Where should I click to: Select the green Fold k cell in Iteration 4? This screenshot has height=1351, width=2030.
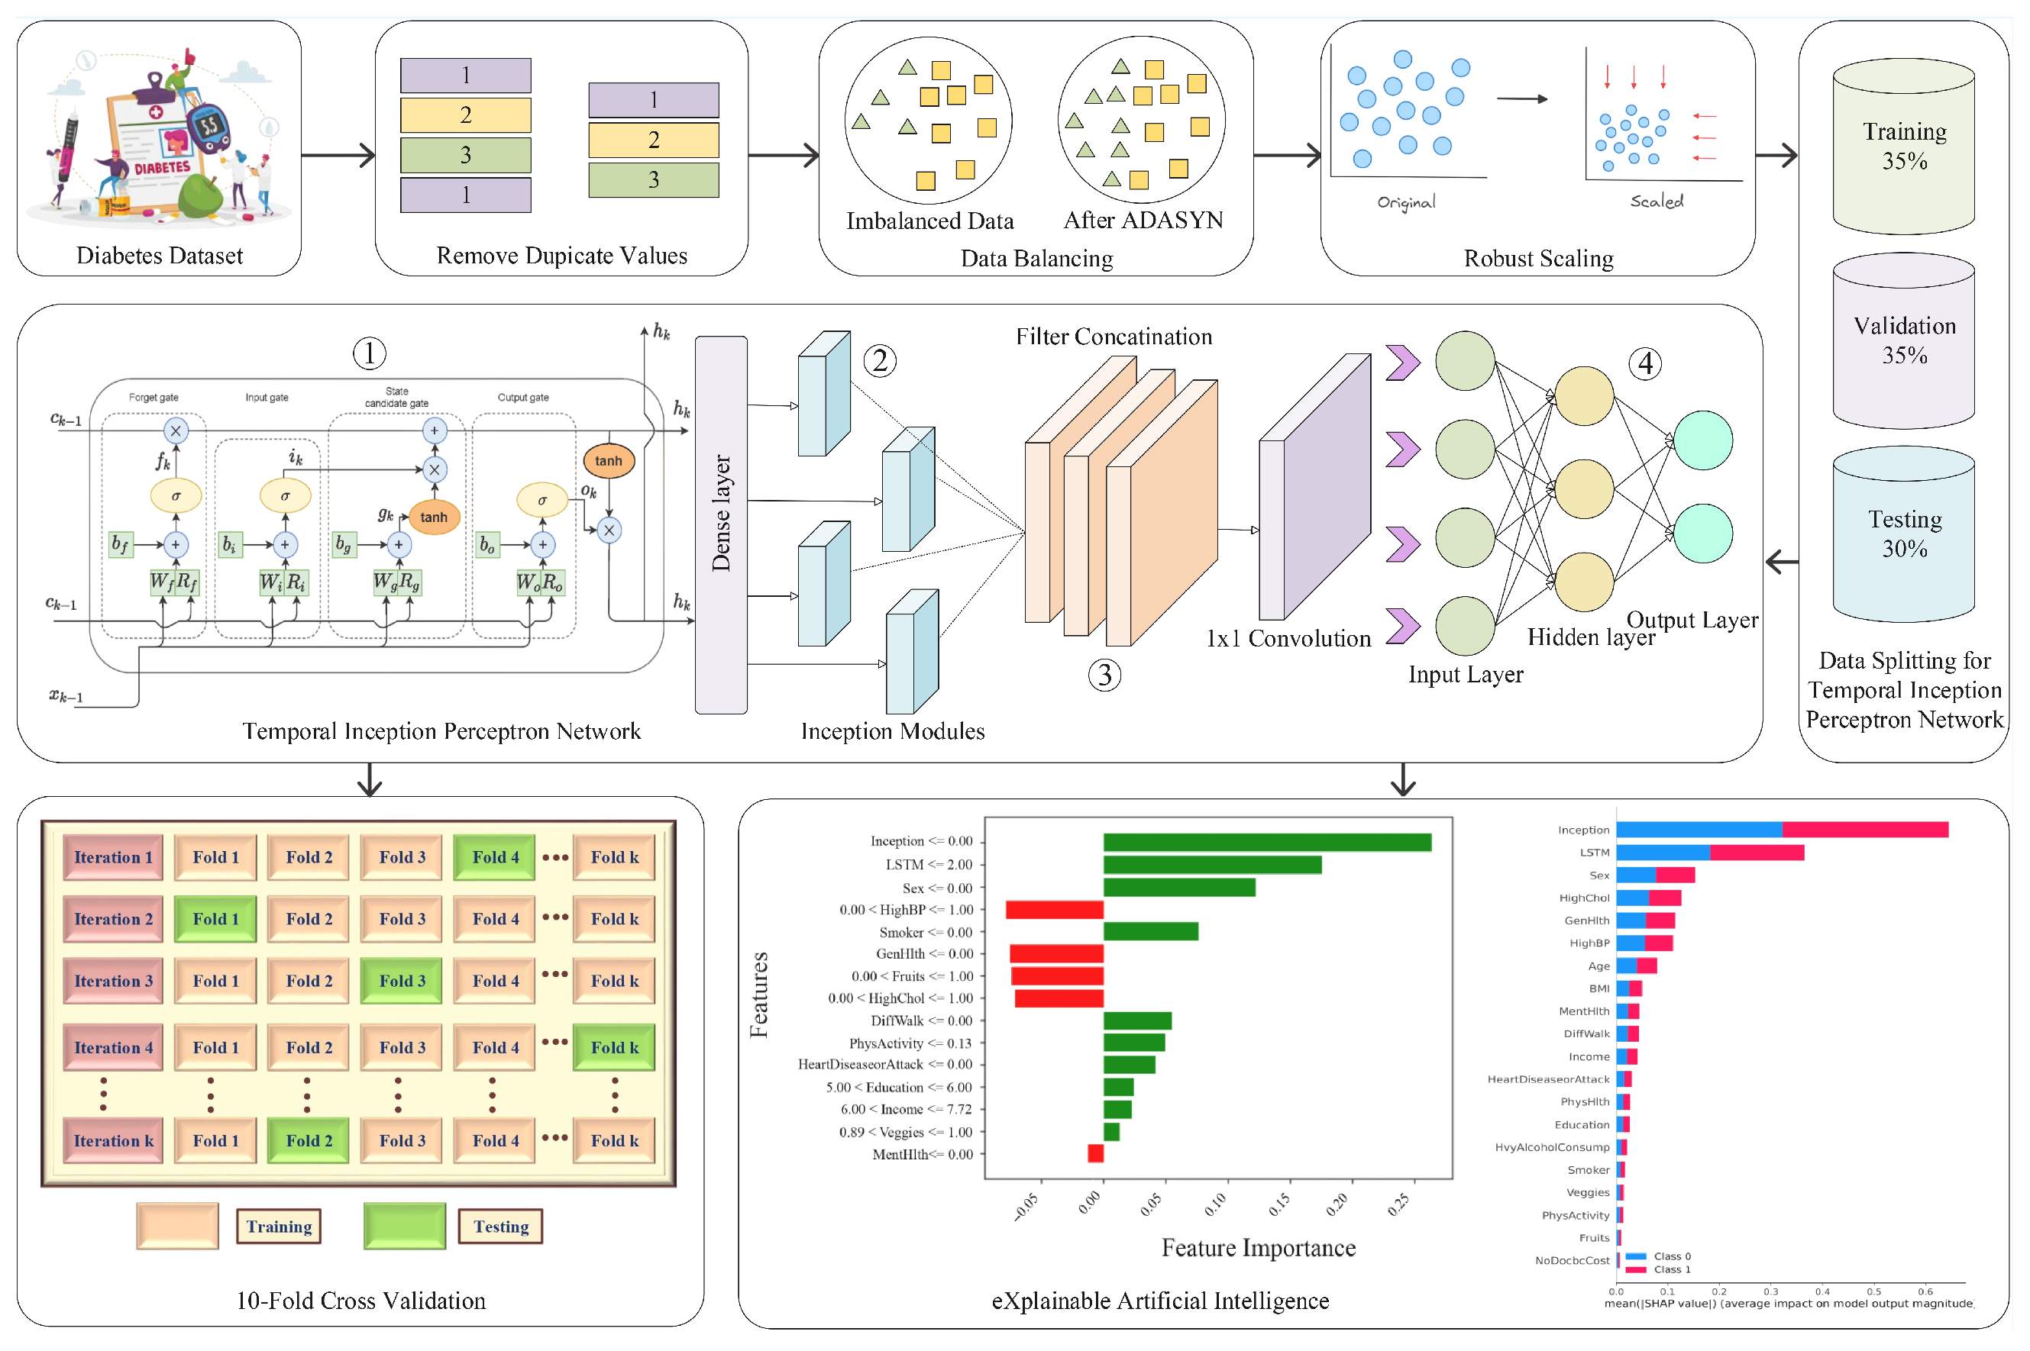[x=614, y=1047]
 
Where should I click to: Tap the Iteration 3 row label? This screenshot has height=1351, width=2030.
[x=113, y=981]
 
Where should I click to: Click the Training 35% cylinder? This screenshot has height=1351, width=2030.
[x=1902, y=147]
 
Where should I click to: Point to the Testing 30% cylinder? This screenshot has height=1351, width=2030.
[x=1902, y=534]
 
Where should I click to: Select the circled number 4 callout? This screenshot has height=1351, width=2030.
[x=1644, y=363]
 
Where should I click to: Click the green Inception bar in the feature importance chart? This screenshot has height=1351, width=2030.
[x=1266, y=842]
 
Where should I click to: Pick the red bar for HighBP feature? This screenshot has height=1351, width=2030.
[x=1053, y=910]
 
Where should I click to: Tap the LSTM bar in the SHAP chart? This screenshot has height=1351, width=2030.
[x=1708, y=852]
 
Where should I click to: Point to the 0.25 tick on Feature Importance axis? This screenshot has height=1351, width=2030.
[x=1400, y=1200]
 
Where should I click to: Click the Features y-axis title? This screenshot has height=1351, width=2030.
[x=758, y=995]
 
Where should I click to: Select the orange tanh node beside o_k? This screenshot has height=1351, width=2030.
[x=608, y=461]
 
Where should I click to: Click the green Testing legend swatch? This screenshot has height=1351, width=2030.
[x=403, y=1225]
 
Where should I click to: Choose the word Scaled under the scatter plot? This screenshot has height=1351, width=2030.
[x=1655, y=201]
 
